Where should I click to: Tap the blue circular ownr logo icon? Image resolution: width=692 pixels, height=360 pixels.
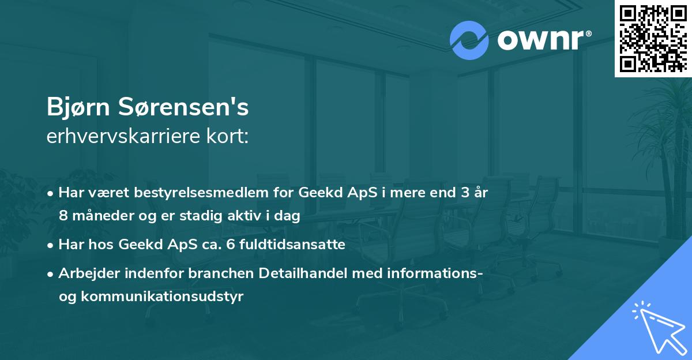pyautogui.click(x=469, y=40)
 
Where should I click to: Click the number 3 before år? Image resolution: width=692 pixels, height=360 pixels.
pyautogui.click(x=464, y=193)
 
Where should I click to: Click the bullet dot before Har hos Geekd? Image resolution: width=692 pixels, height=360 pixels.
pyautogui.click(x=51, y=245)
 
